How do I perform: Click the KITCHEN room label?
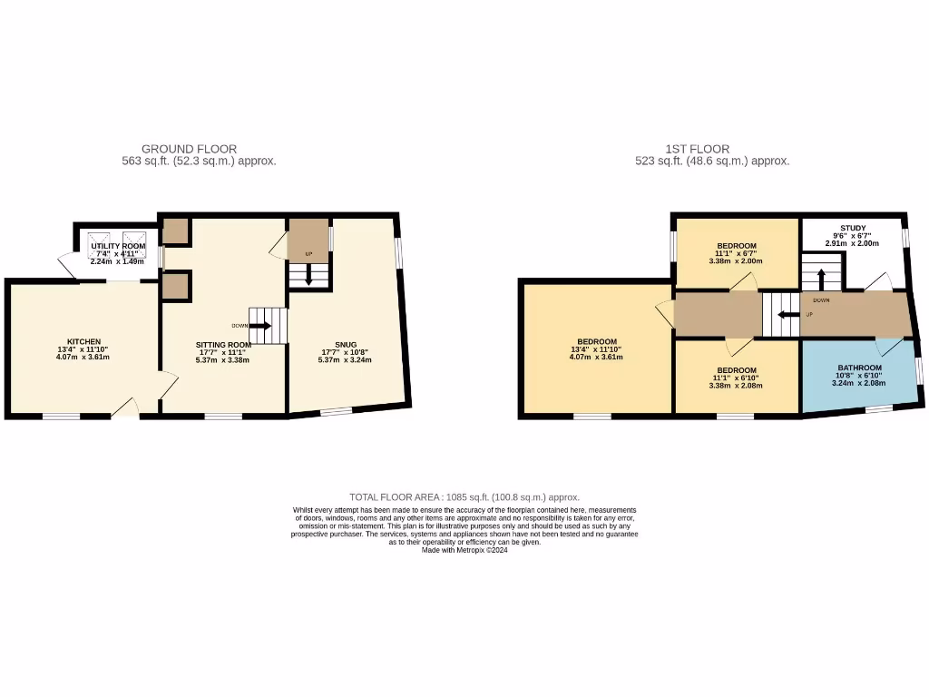[x=77, y=341]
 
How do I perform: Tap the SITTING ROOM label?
[x=223, y=345]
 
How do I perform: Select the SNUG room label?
[x=346, y=344]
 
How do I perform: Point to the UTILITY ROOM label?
[x=118, y=246]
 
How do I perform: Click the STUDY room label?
[x=852, y=228]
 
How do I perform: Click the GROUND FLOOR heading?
[x=190, y=149]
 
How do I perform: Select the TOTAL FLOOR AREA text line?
[x=464, y=497]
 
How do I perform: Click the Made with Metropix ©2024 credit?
[x=464, y=550]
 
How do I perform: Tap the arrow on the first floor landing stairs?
[x=785, y=315]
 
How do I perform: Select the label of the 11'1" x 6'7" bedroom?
[x=736, y=246]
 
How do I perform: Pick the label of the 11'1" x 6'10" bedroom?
[x=736, y=370]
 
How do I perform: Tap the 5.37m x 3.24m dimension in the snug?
[x=346, y=359]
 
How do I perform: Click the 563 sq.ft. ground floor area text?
[x=199, y=162]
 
